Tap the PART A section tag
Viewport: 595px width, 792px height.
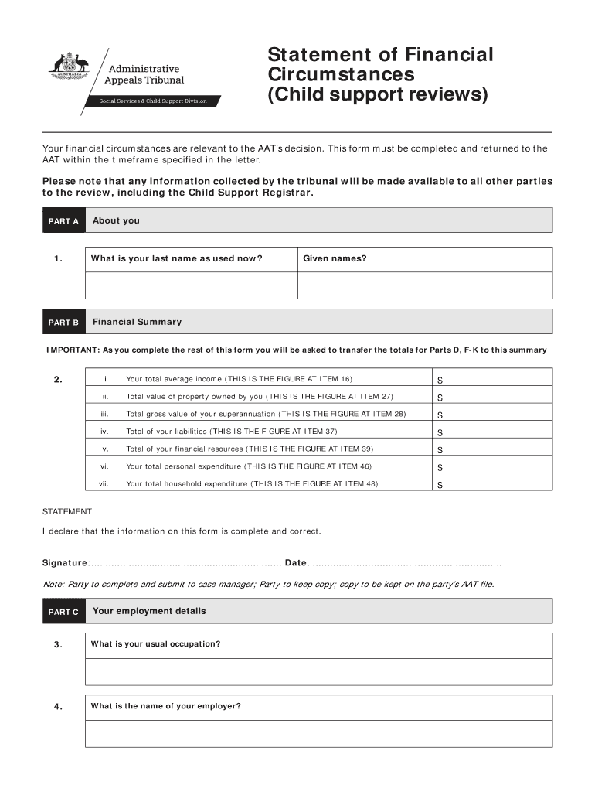click(63, 221)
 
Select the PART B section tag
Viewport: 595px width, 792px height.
click(63, 323)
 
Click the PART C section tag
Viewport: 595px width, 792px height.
click(63, 612)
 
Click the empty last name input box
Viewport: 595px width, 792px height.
click(191, 285)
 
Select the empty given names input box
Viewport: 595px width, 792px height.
click(424, 285)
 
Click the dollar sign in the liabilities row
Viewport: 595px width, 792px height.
click(440, 432)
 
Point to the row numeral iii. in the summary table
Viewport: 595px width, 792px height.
click(105, 414)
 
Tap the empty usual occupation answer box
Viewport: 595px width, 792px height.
click(318, 671)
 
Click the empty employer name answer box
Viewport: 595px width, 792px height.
click(318, 734)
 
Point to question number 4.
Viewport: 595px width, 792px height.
click(59, 707)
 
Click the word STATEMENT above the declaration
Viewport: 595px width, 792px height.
click(66, 512)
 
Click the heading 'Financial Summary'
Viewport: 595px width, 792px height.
click(137, 322)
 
